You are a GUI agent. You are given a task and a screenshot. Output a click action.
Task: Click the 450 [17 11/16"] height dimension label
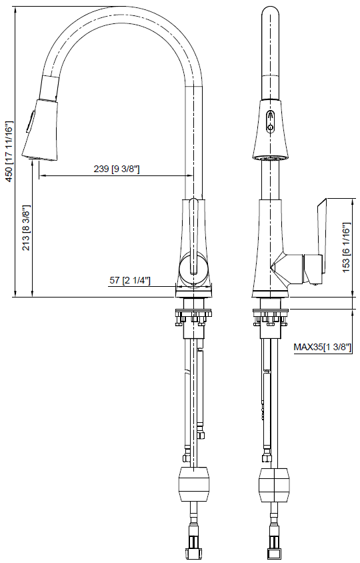coord(9,148)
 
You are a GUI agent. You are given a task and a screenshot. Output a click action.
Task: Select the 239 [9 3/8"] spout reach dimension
coord(116,169)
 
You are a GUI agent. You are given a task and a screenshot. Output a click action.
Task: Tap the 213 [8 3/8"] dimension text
coord(27,227)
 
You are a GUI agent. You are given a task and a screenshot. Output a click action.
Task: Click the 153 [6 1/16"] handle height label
coord(346,245)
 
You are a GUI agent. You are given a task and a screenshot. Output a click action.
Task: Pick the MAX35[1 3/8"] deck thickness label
coord(323,347)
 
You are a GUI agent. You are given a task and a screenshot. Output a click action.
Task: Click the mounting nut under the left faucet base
coord(194,315)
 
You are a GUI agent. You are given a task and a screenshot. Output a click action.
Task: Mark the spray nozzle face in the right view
coord(270,159)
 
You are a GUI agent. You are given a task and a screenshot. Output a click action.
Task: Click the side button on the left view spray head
coord(29,121)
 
